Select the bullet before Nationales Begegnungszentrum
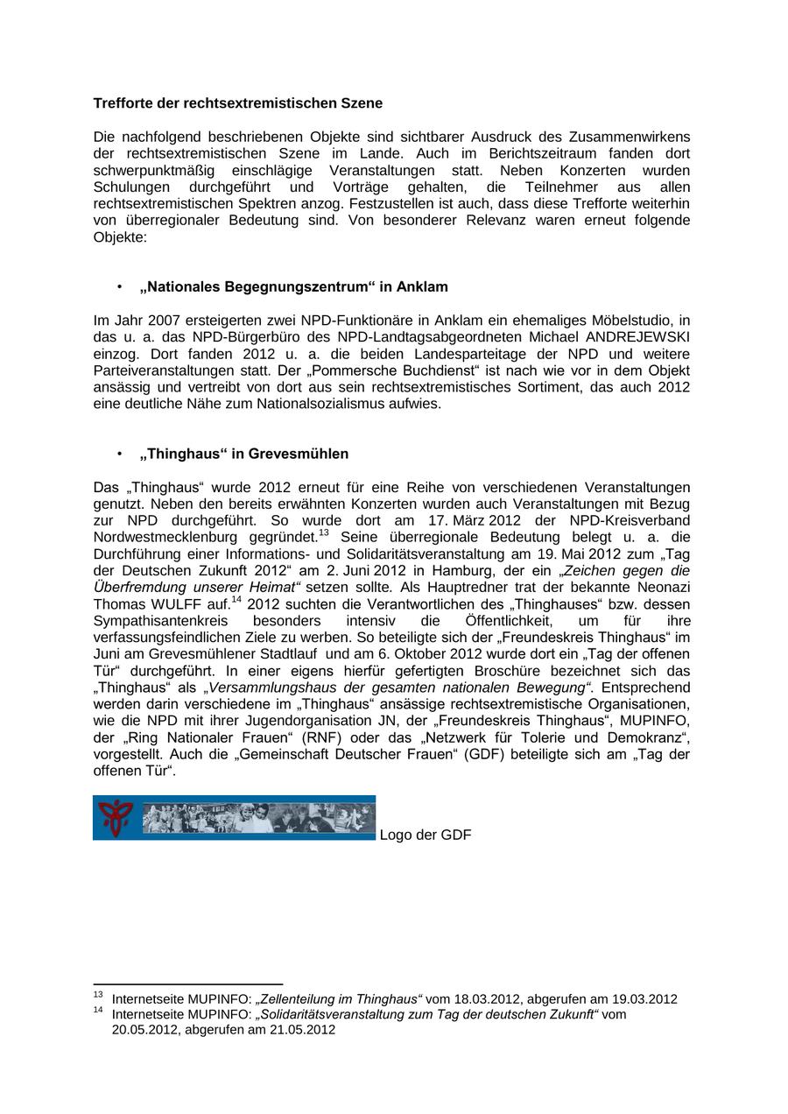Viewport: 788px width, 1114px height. [118, 287]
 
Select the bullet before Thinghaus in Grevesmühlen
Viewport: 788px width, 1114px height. [118, 454]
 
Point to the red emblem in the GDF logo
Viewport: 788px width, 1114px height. [115, 818]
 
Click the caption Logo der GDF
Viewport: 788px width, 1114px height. [426, 835]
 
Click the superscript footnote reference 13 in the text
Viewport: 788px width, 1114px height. [323, 532]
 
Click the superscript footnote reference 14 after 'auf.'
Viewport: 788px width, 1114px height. [236, 600]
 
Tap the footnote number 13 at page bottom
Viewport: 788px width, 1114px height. [98, 995]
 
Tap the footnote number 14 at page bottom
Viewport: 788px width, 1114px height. [98, 1011]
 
